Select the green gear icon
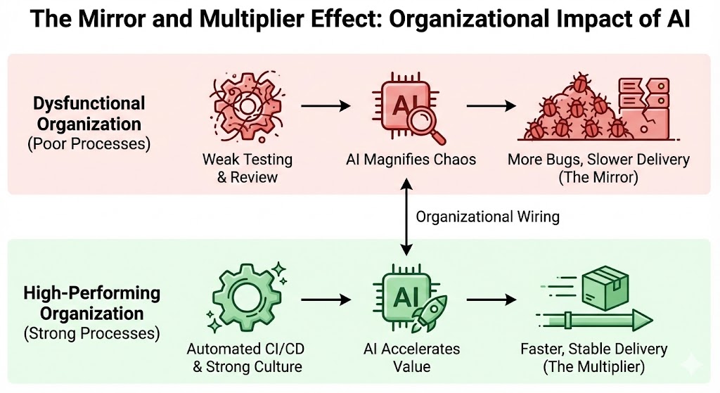pyautogui.click(x=243, y=299)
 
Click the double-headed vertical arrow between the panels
pyautogui.click(x=406, y=216)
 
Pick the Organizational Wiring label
pyautogui.click(x=487, y=217)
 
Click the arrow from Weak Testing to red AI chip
pyautogui.click(x=326, y=107)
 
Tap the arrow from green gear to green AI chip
pyautogui.click(x=326, y=299)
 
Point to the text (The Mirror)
pyautogui.click(x=598, y=177)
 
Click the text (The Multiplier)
pyautogui.click(x=594, y=366)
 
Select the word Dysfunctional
pyautogui.click(x=89, y=104)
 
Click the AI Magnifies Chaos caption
pyautogui.click(x=411, y=160)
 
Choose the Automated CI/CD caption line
pyautogui.click(x=244, y=349)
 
